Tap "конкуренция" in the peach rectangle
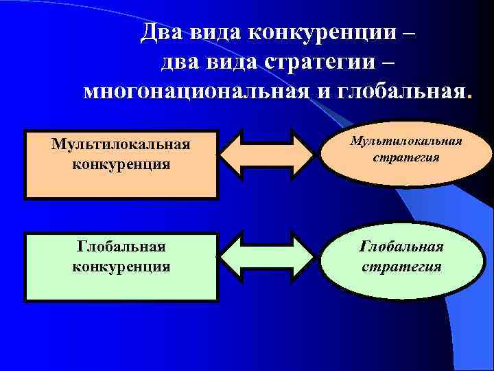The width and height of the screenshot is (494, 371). click(x=121, y=165)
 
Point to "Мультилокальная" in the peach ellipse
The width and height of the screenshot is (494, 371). click(x=406, y=142)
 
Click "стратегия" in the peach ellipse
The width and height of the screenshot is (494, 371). click(x=406, y=158)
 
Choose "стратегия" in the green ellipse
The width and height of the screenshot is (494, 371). click(x=402, y=265)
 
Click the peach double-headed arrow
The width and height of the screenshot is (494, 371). click(x=267, y=156)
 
